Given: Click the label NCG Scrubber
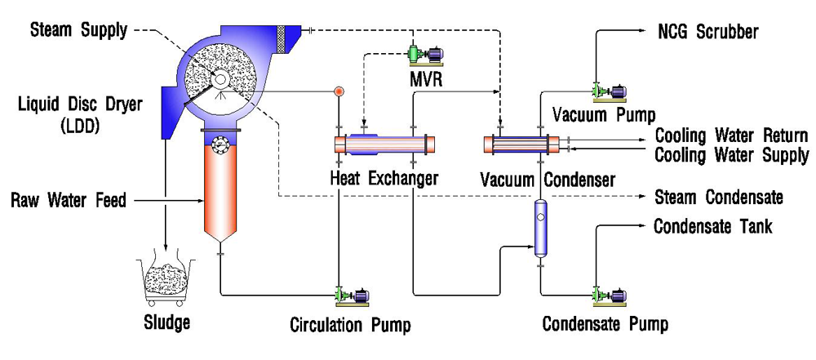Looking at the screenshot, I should click(x=708, y=33).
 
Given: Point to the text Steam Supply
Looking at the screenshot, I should click(x=78, y=31).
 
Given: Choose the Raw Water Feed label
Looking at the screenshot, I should click(x=69, y=199).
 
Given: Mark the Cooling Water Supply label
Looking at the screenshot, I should click(x=732, y=154).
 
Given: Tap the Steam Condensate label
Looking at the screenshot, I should click(x=719, y=198).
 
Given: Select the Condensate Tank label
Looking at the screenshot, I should click(x=712, y=226).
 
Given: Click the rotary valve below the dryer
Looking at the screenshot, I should click(x=219, y=144).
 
